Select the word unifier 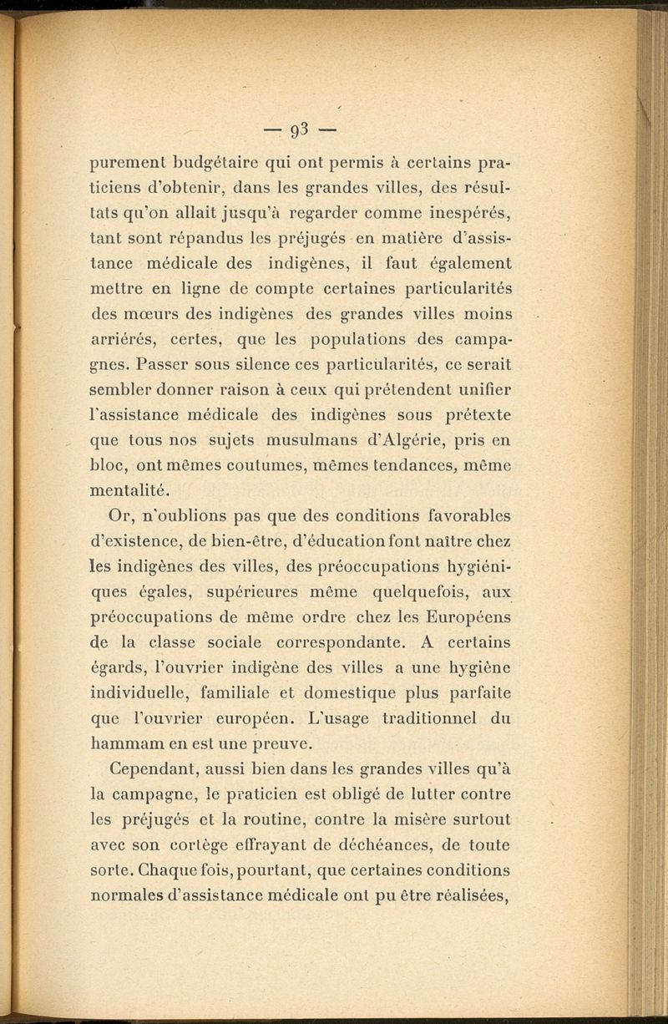point(481,392)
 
